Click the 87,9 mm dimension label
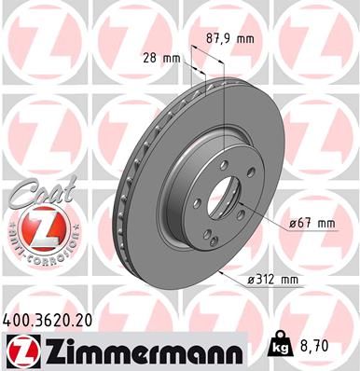click(228, 39)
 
